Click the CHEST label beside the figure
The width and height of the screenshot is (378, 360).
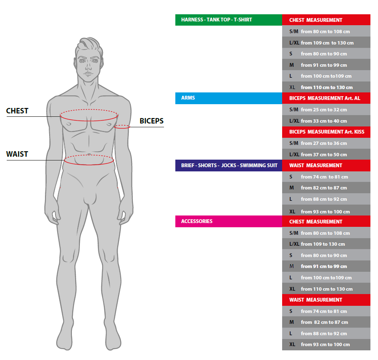pos(17,111)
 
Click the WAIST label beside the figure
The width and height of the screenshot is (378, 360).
pos(17,154)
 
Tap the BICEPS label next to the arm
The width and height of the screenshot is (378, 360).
pos(151,121)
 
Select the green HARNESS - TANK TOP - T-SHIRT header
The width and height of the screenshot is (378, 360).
pos(228,20)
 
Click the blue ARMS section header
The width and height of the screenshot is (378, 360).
pos(228,98)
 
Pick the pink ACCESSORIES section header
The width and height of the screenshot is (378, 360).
pos(228,221)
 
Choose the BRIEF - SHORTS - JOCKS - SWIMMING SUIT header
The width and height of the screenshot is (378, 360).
pos(228,166)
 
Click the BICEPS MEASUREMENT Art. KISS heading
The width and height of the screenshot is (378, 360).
pos(326,132)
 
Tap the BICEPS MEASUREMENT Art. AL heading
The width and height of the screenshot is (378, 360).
pos(326,98)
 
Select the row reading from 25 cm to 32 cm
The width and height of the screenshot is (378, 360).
pos(326,110)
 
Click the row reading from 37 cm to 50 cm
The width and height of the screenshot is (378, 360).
pos(326,155)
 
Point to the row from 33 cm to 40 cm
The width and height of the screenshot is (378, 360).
pos(326,121)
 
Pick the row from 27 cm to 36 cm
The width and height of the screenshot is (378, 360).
pos(326,143)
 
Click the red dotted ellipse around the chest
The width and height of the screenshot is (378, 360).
pos(89,110)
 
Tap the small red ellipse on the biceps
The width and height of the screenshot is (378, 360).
pos(122,126)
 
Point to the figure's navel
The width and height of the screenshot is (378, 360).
pos(89,154)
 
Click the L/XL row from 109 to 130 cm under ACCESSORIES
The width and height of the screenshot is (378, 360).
pos(326,244)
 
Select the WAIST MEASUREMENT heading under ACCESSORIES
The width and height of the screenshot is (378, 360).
pos(326,300)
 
